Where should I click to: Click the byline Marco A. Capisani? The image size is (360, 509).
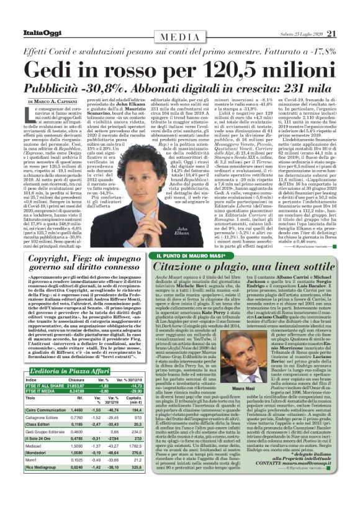click(x=60, y=102)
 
